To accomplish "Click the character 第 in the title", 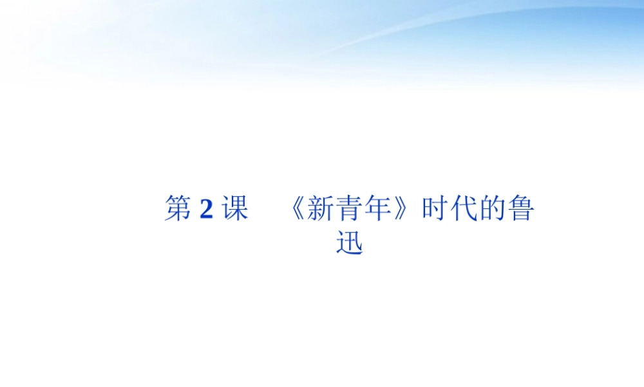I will (x=178, y=210).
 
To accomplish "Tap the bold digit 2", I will (x=206, y=210).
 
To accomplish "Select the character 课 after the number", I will (x=234, y=210).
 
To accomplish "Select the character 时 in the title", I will (x=435, y=210).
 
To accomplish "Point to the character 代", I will (x=464, y=210).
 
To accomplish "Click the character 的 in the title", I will (x=492, y=210).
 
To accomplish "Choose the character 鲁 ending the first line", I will (x=520, y=210).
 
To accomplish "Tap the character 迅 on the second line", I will (x=350, y=243).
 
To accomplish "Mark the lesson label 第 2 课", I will (x=206, y=210).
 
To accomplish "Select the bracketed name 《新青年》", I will (x=351, y=210).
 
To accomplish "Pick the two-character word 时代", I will (x=450, y=210).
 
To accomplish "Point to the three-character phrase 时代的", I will (x=464, y=210).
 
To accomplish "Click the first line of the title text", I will (x=349, y=210).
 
